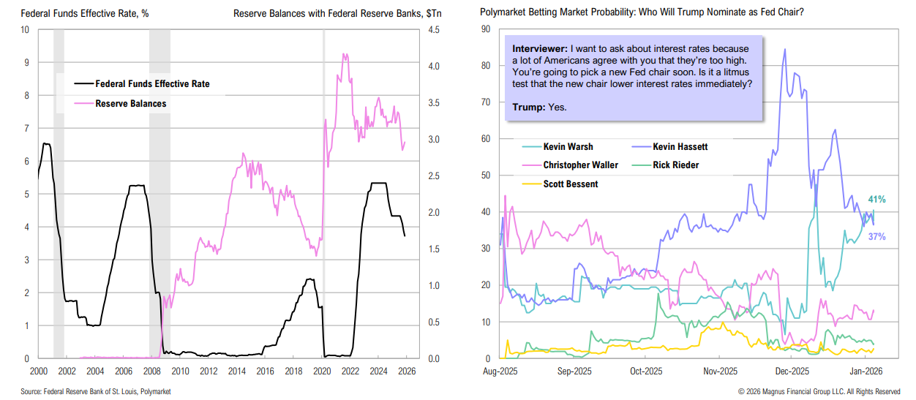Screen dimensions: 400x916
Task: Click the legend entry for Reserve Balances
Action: (x=131, y=104)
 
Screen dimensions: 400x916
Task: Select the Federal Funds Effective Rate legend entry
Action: (x=152, y=84)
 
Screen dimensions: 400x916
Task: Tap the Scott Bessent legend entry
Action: (x=571, y=184)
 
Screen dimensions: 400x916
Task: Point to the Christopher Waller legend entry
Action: (x=581, y=165)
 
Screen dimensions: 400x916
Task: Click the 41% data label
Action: (x=877, y=199)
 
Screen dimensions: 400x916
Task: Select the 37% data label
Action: (x=877, y=236)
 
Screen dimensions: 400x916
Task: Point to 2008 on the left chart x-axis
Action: (x=151, y=370)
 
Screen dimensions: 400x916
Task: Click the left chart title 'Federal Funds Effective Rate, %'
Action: (x=75, y=13)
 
